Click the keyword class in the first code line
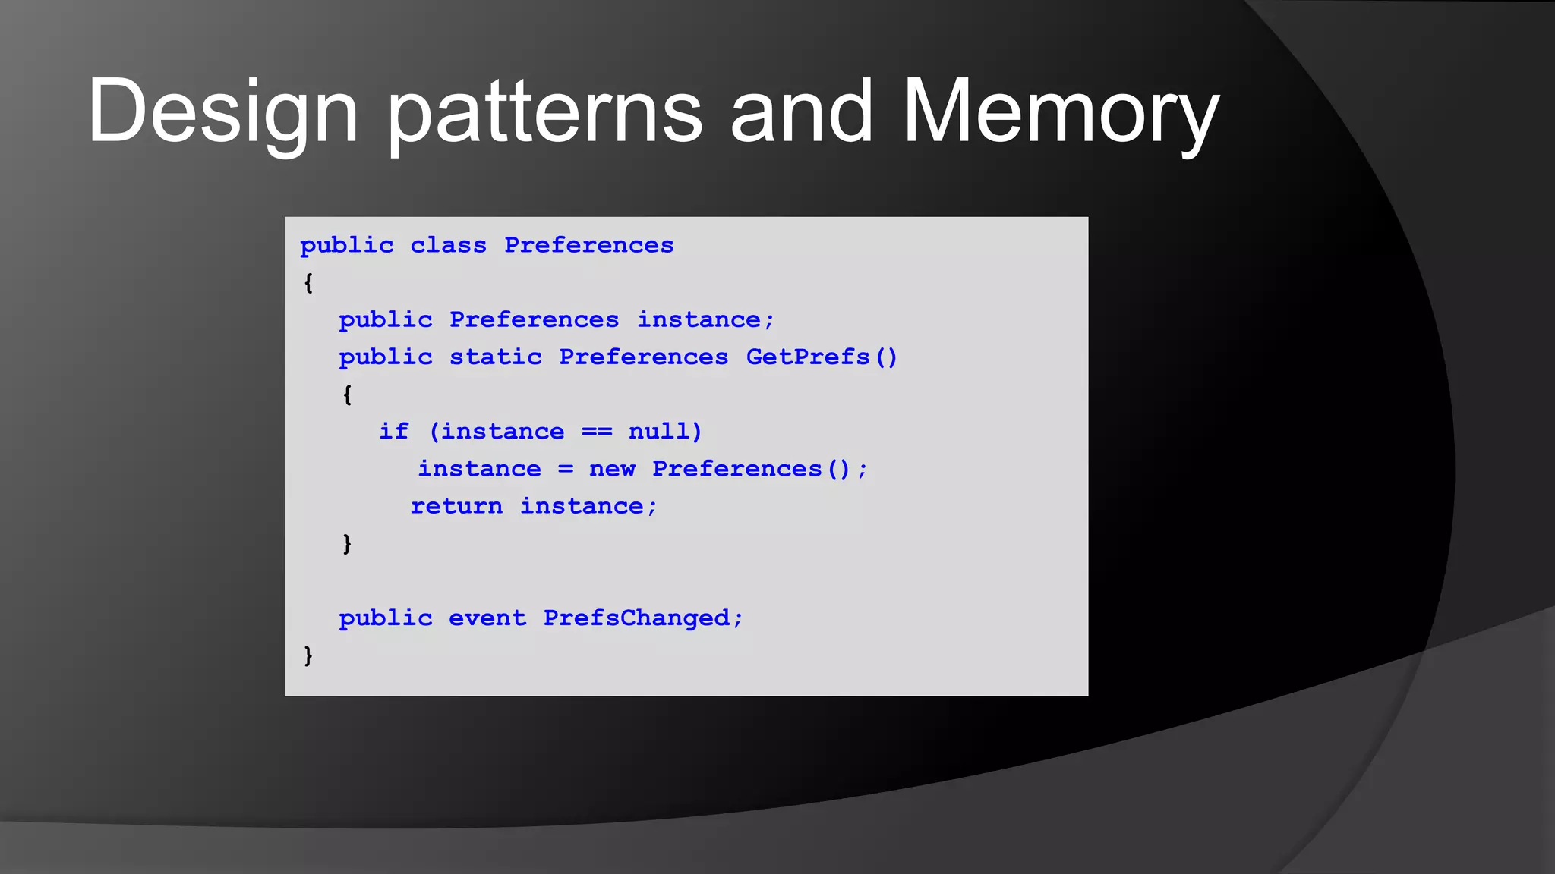tap(448, 245)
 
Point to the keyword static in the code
tap(495, 357)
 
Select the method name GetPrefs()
tap(822, 357)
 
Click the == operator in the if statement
tap(597, 431)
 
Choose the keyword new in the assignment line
tap(612, 469)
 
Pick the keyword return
tap(456, 506)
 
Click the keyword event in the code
tap(487, 618)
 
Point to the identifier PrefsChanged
tap(636, 618)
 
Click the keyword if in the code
tap(394, 431)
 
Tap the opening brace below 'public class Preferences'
tap(308, 283)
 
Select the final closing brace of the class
tap(308, 655)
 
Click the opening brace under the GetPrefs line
tap(347, 395)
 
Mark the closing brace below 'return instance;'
tap(347, 543)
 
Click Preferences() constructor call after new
tap(751, 469)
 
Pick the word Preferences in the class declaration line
tap(588, 245)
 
